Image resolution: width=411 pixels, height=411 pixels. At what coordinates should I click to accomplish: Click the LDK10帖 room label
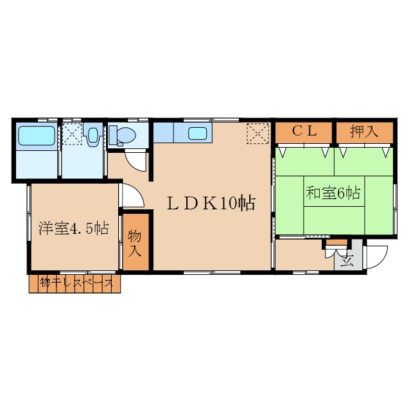click(211, 204)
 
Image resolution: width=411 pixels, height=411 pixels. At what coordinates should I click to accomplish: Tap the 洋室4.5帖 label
click(74, 228)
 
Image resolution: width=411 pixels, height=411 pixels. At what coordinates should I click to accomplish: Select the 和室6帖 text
click(333, 193)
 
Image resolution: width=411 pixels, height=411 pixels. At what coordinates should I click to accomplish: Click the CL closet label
click(304, 132)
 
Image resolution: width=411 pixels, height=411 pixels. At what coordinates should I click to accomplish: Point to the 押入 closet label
click(364, 131)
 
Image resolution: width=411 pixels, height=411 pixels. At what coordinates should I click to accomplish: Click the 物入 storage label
click(135, 243)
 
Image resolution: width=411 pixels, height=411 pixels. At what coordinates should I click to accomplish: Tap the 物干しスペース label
click(76, 283)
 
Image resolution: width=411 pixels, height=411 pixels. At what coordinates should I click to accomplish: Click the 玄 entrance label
click(347, 261)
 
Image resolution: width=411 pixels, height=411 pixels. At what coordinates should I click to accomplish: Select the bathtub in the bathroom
click(37, 136)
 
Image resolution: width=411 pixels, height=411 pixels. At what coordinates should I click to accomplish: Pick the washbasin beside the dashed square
click(92, 135)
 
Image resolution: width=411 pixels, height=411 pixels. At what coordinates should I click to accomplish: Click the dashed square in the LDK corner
click(258, 134)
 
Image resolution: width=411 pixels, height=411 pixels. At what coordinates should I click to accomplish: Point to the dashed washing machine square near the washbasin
click(73, 134)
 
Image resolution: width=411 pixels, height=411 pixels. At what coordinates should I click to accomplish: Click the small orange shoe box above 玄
click(337, 242)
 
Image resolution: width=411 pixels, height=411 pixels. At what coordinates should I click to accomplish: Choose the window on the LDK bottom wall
click(212, 272)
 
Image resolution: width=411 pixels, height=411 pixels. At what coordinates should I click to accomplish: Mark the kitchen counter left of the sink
click(164, 133)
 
